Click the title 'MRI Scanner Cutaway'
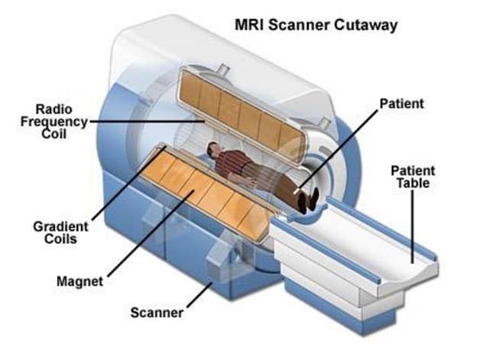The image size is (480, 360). [x=315, y=26]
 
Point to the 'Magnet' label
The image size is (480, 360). [x=79, y=281]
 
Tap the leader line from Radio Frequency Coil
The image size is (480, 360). [x=145, y=120]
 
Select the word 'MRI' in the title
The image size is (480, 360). [x=251, y=26]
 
